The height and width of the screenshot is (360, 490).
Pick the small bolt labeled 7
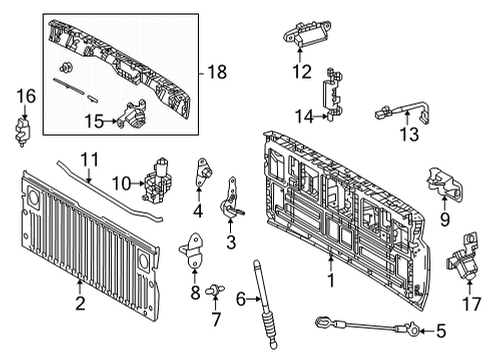tap(213, 292)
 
